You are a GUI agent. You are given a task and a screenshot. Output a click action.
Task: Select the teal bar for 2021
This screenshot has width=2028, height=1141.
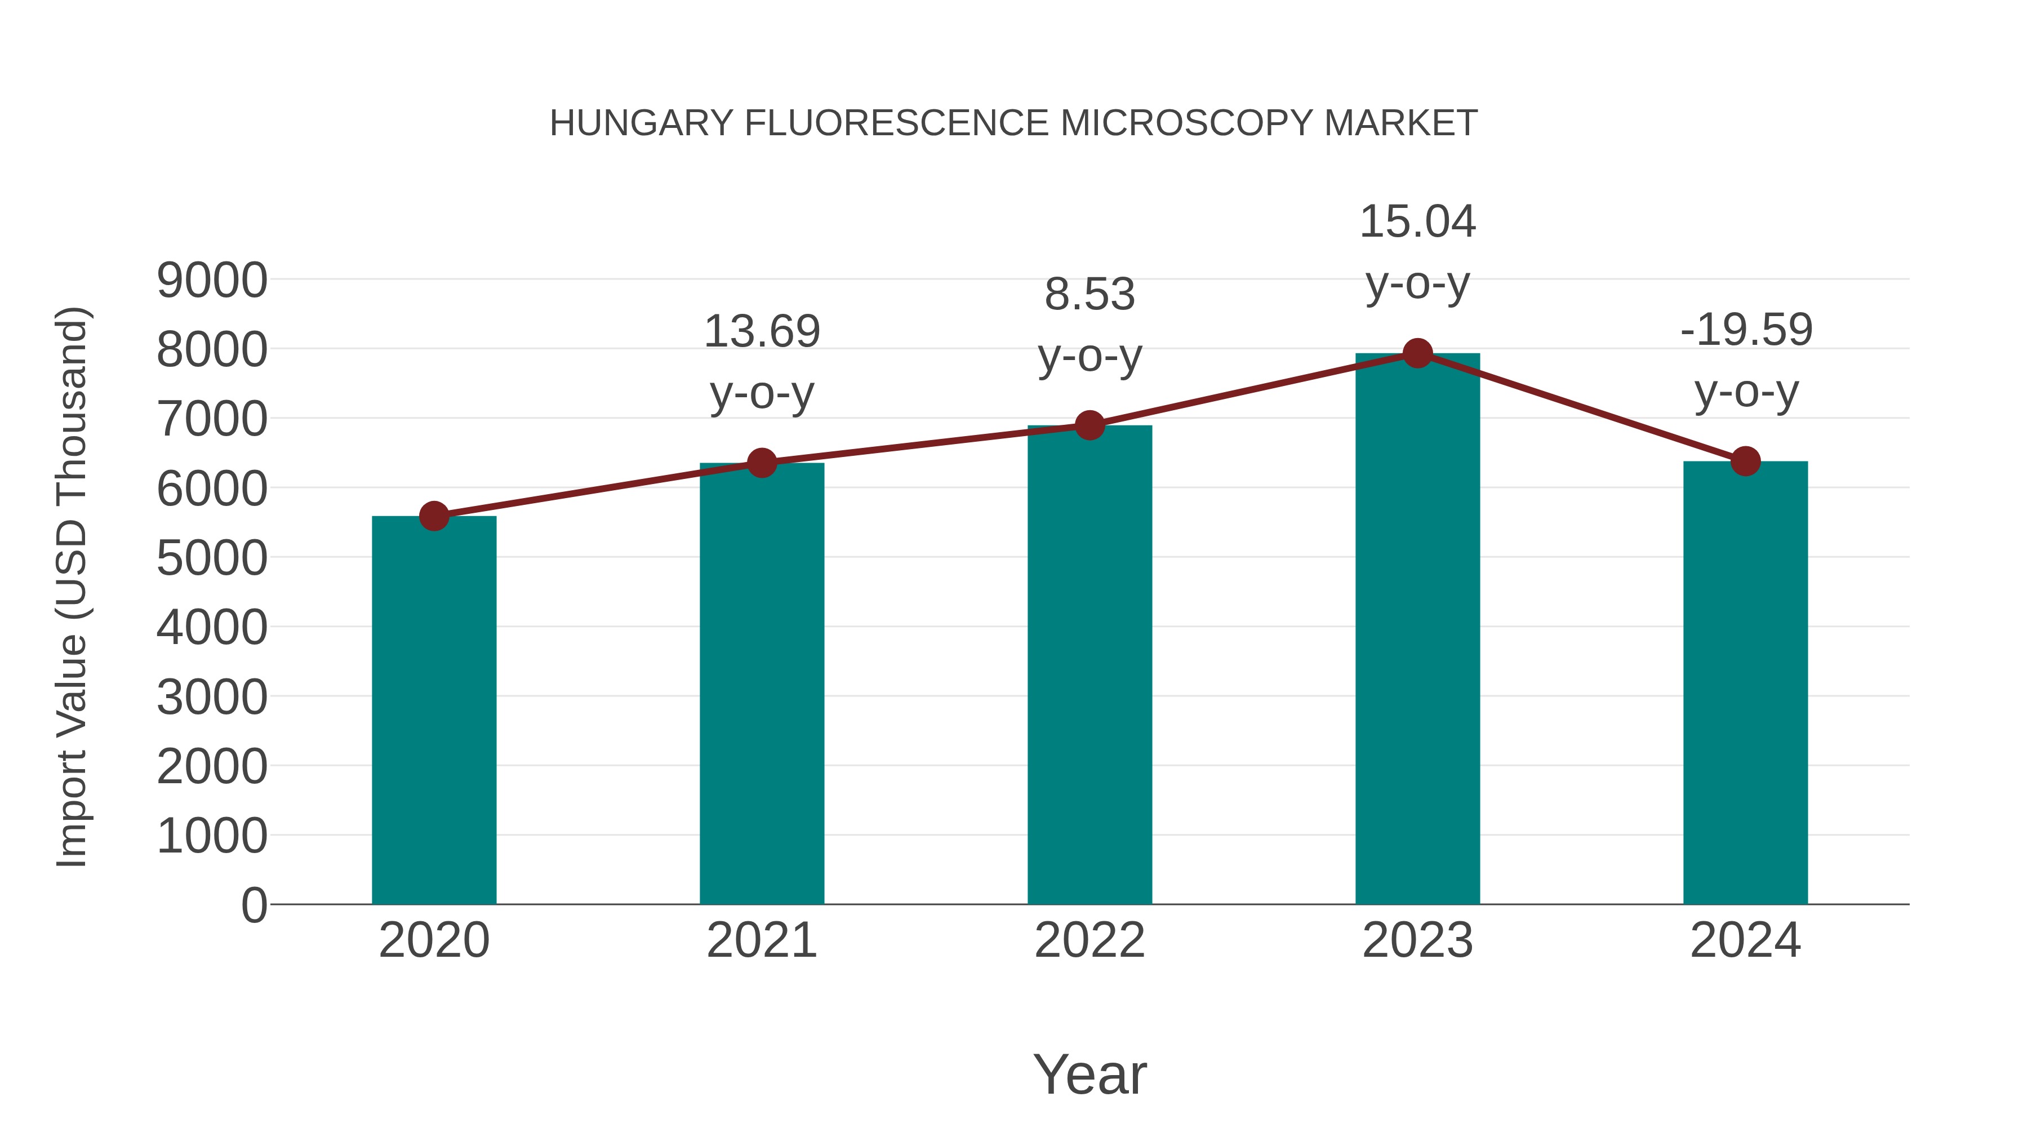pos(761,683)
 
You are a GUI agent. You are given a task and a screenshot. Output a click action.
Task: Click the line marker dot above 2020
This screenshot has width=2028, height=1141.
pos(434,517)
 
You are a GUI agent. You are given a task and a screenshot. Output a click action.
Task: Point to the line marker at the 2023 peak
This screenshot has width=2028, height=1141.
pos(1417,353)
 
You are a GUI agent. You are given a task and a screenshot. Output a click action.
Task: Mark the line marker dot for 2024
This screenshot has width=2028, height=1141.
pos(1745,461)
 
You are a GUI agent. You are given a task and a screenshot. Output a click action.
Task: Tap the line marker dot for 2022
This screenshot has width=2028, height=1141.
pos(1089,425)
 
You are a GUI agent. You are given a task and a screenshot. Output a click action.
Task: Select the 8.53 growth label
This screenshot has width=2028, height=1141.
pos(1089,325)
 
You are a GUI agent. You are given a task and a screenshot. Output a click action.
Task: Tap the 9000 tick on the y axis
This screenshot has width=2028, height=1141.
pos(212,281)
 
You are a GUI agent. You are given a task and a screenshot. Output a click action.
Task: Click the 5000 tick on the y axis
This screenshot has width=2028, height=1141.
pos(212,558)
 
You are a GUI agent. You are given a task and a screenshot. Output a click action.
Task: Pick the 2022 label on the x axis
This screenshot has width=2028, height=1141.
pos(1089,940)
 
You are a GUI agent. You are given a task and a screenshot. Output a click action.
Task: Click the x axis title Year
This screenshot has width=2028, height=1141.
pos(1089,1074)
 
